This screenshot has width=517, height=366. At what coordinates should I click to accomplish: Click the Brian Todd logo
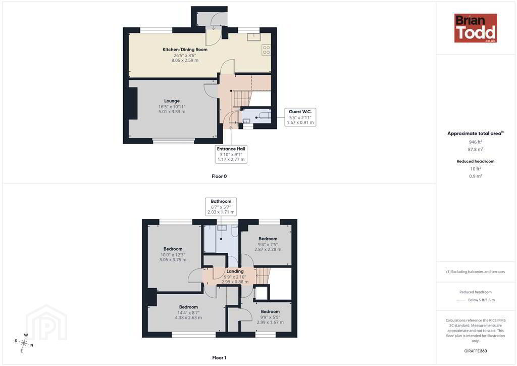[x=476, y=28]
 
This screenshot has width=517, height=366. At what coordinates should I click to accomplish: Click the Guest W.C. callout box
[x=300, y=117]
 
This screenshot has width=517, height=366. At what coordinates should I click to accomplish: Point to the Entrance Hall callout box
[x=231, y=154]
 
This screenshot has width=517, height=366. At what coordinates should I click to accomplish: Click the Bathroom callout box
[x=221, y=207]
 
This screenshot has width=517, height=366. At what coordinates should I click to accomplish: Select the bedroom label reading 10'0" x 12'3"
[x=173, y=254]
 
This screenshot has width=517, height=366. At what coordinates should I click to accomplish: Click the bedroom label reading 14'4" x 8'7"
[x=188, y=312]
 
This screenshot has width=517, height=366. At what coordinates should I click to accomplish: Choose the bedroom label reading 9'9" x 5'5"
[x=270, y=317]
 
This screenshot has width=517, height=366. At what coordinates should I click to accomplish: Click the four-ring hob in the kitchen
[x=266, y=50]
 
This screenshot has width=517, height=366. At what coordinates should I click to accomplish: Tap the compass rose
[x=24, y=343]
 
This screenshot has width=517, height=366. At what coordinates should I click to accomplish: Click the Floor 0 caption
[x=219, y=176]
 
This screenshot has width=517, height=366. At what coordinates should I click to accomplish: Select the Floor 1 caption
[x=219, y=357]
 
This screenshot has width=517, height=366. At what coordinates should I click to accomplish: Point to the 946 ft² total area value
[x=476, y=142]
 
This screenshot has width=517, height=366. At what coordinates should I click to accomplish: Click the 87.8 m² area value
[x=476, y=149]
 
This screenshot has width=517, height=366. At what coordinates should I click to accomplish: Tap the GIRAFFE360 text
[x=476, y=351]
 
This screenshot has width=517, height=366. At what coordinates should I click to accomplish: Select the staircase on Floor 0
[x=242, y=99]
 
